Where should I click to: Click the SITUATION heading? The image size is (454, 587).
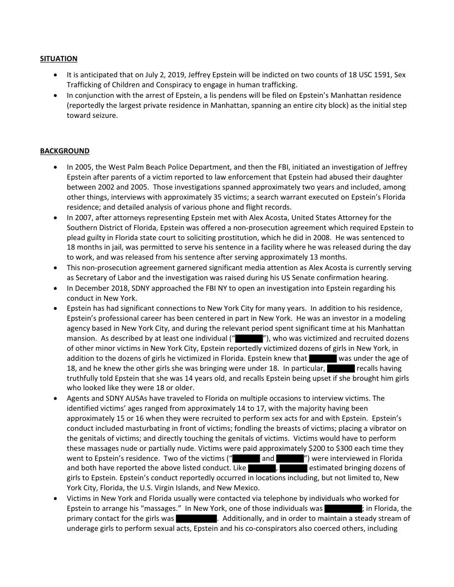(58, 58)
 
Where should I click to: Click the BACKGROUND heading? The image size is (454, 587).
(65, 151)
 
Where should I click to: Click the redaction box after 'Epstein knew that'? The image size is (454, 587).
(323, 359)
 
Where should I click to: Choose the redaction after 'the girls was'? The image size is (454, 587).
(196, 519)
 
